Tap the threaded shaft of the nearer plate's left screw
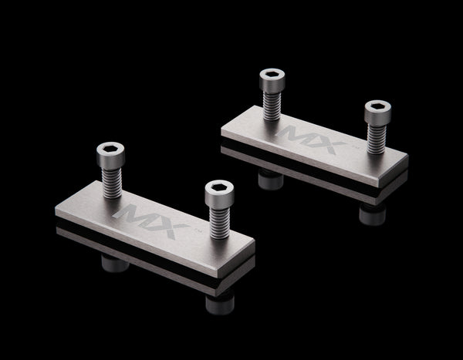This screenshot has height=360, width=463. (112, 183)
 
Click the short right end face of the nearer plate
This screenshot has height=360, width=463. (236, 258)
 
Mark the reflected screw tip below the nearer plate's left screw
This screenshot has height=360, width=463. (115, 263)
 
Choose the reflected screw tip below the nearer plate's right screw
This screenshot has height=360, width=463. (220, 304)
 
